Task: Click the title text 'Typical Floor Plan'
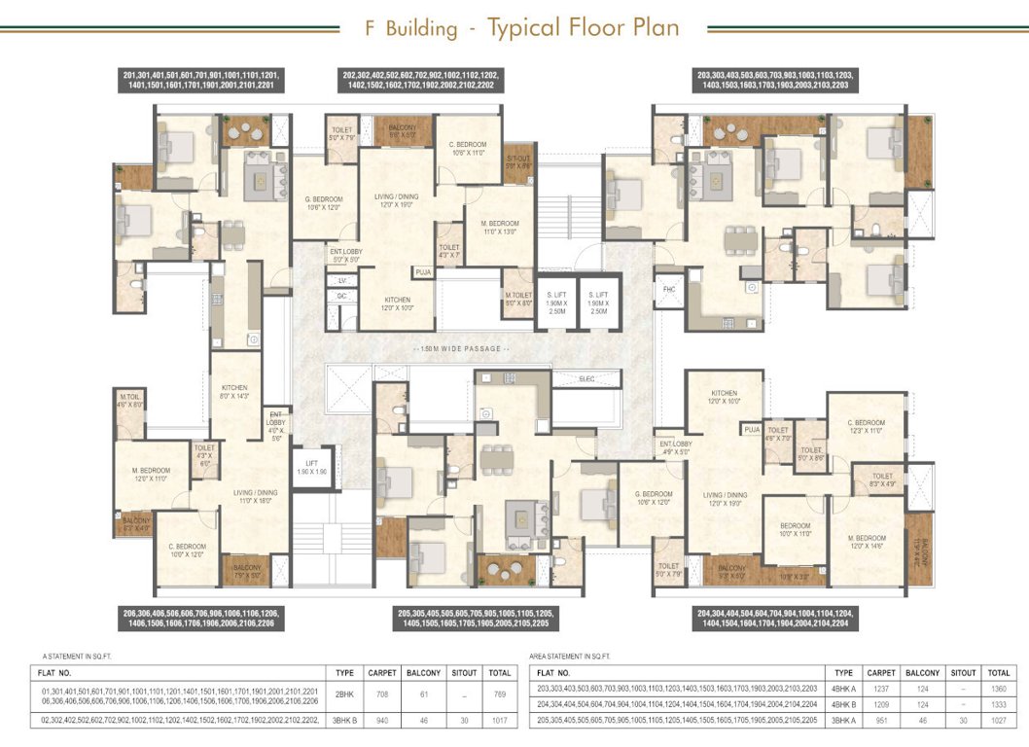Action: [583, 27]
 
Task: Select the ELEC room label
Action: [586, 378]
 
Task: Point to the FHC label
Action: [669, 290]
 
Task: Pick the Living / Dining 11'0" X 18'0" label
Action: [255, 497]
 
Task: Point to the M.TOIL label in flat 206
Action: [130, 401]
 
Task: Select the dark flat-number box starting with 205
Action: [474, 619]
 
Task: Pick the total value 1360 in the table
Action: [998, 689]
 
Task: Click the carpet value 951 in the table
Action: [881, 721]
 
